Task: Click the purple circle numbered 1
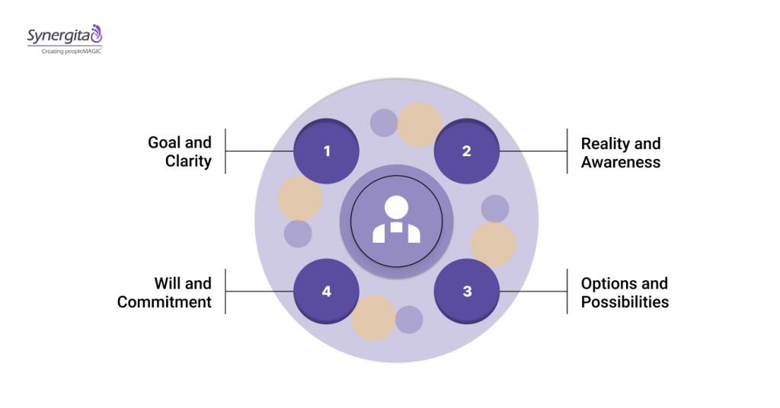[327, 151]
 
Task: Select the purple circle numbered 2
[466, 151]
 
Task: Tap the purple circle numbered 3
[466, 291]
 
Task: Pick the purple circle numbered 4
[327, 291]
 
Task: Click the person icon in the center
[396, 221]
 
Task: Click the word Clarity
[188, 161]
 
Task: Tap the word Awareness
[621, 161]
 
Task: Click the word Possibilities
[625, 301]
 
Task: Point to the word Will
[170, 283]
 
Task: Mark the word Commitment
[164, 301]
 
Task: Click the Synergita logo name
[59, 35]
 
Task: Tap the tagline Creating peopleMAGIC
[66, 50]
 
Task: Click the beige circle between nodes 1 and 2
[420, 124]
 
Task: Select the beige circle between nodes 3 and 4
[373, 317]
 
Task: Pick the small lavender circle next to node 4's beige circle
[409, 320]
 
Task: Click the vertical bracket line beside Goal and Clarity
[225, 151]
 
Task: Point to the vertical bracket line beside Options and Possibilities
[567, 291]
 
